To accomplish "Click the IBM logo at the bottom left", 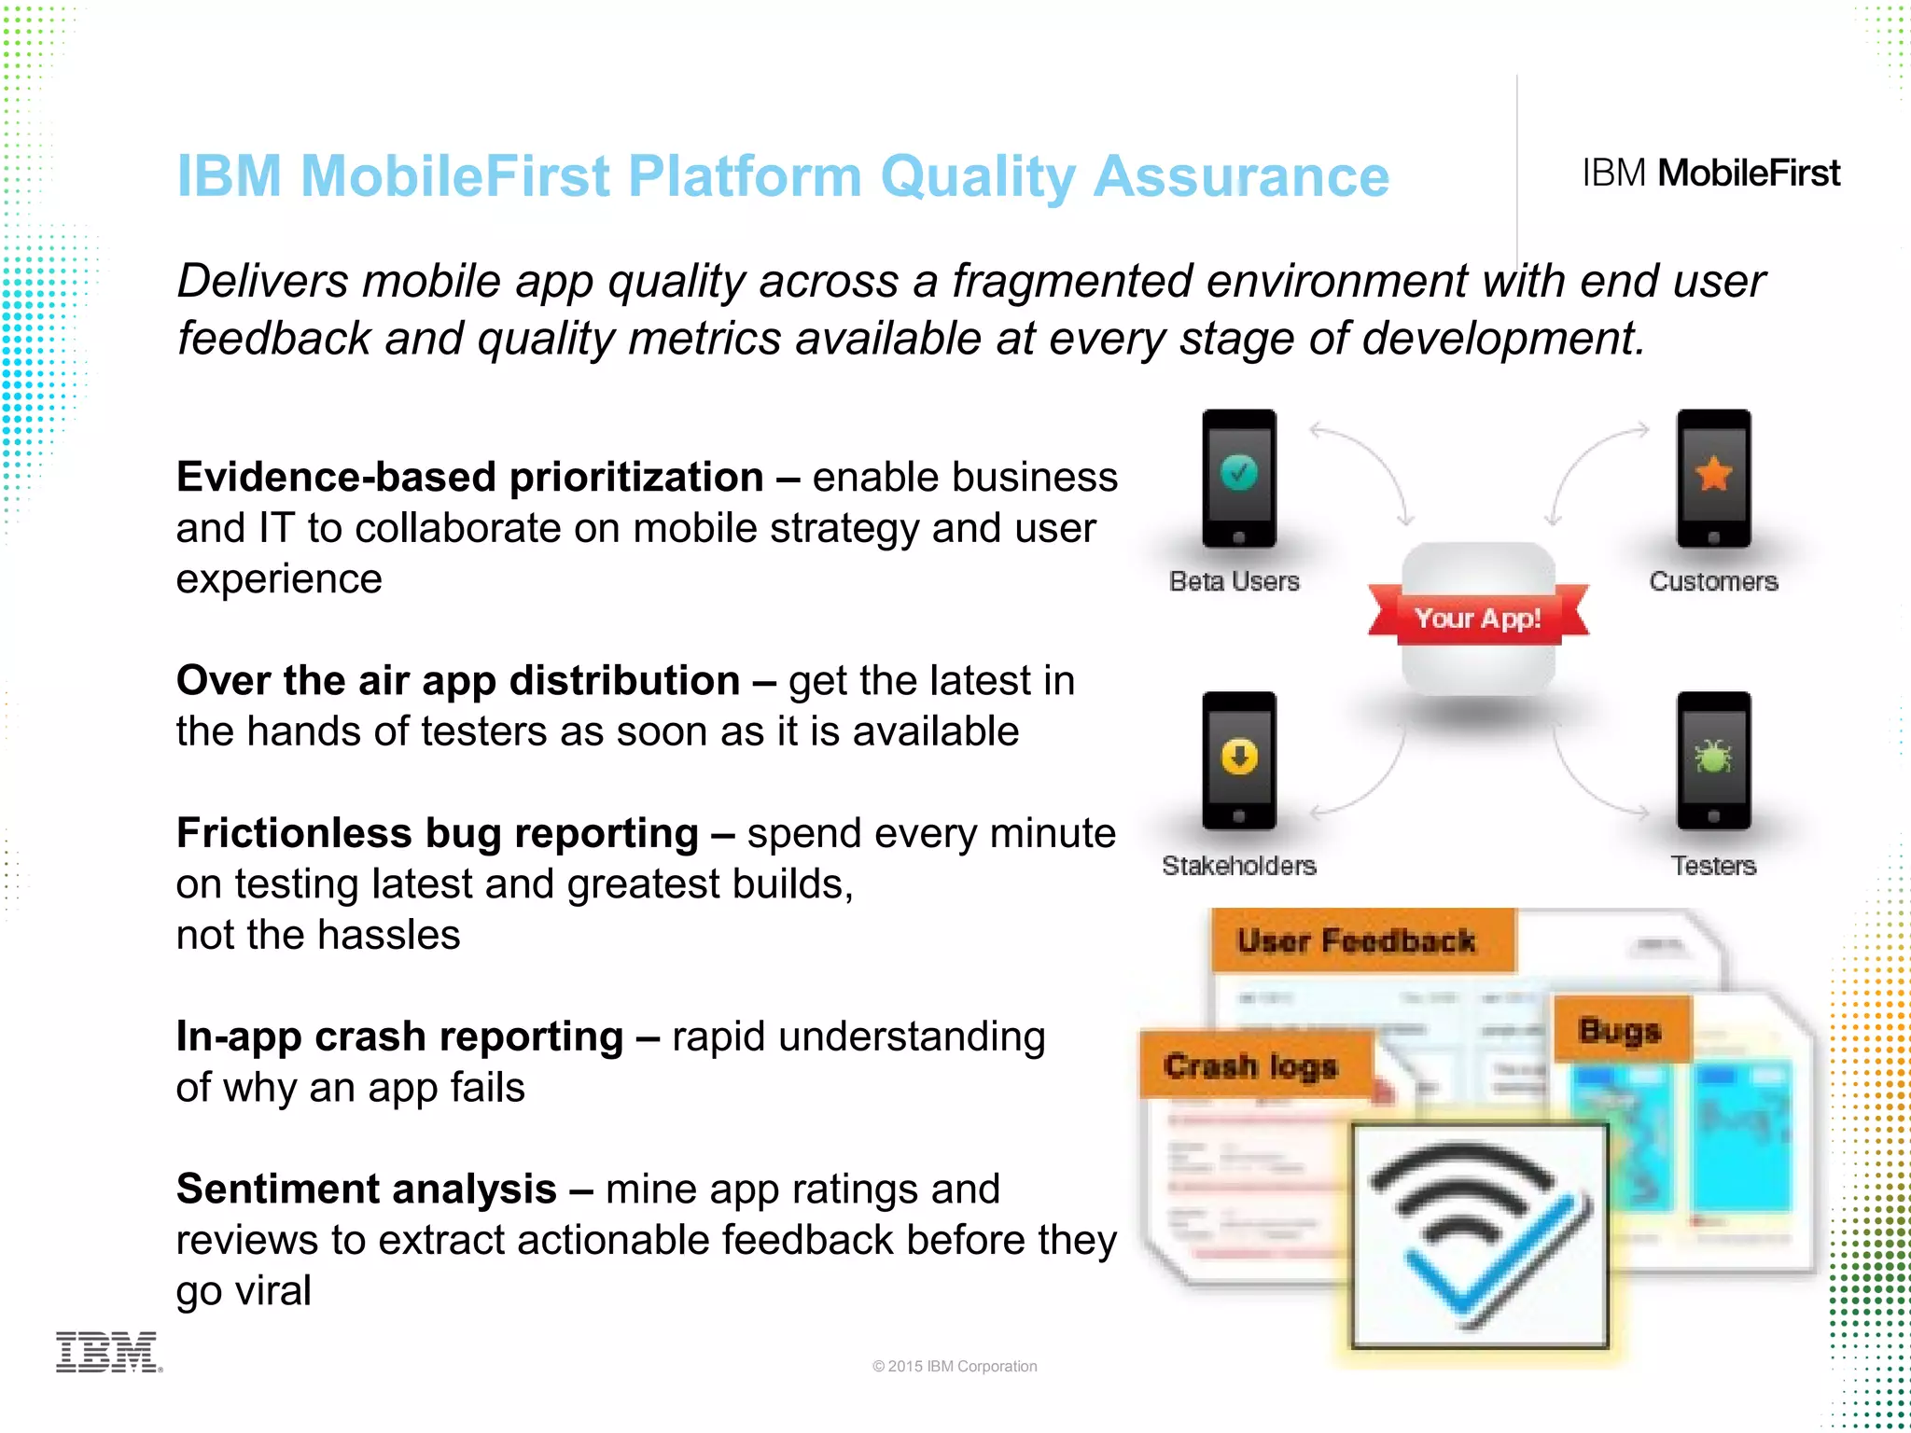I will pos(108,1352).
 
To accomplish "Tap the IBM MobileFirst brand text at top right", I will pos(1710,174).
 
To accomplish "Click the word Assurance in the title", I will pos(1241,176).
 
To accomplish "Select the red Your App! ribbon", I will pos(1477,618).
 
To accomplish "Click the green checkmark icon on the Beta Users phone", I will pos(1238,472).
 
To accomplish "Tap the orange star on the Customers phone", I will pos(1713,474).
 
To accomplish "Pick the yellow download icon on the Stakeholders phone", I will pos(1238,757).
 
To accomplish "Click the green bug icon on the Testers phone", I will pos(1713,757).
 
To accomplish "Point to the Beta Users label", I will pos(1234,581).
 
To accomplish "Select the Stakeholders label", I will pos(1238,866).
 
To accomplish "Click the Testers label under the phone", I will pos(1713,866).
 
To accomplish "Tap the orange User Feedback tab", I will pos(1358,940).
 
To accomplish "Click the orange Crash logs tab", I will pos(1250,1065).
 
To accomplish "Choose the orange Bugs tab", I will pos(1620,1030).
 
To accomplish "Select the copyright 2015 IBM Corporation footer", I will pos(955,1366).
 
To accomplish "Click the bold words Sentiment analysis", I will pos(366,1190).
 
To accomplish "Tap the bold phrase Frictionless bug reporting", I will pos(437,833).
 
